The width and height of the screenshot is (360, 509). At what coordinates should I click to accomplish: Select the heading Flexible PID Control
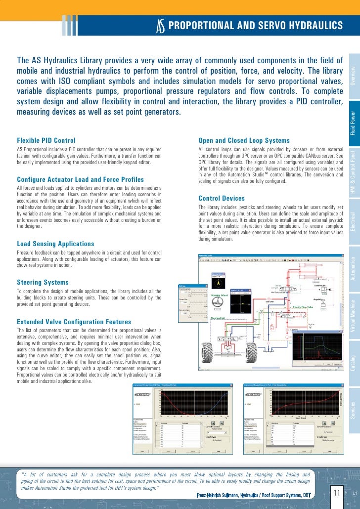click(46, 141)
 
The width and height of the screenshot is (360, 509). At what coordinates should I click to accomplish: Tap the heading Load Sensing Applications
click(55, 244)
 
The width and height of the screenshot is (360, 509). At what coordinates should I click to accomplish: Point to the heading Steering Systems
click(43, 283)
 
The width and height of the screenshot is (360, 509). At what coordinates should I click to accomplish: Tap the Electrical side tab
click(353, 224)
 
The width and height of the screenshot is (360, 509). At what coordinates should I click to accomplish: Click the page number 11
click(336, 493)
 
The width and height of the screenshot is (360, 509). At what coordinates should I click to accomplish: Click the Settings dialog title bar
click(193, 286)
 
